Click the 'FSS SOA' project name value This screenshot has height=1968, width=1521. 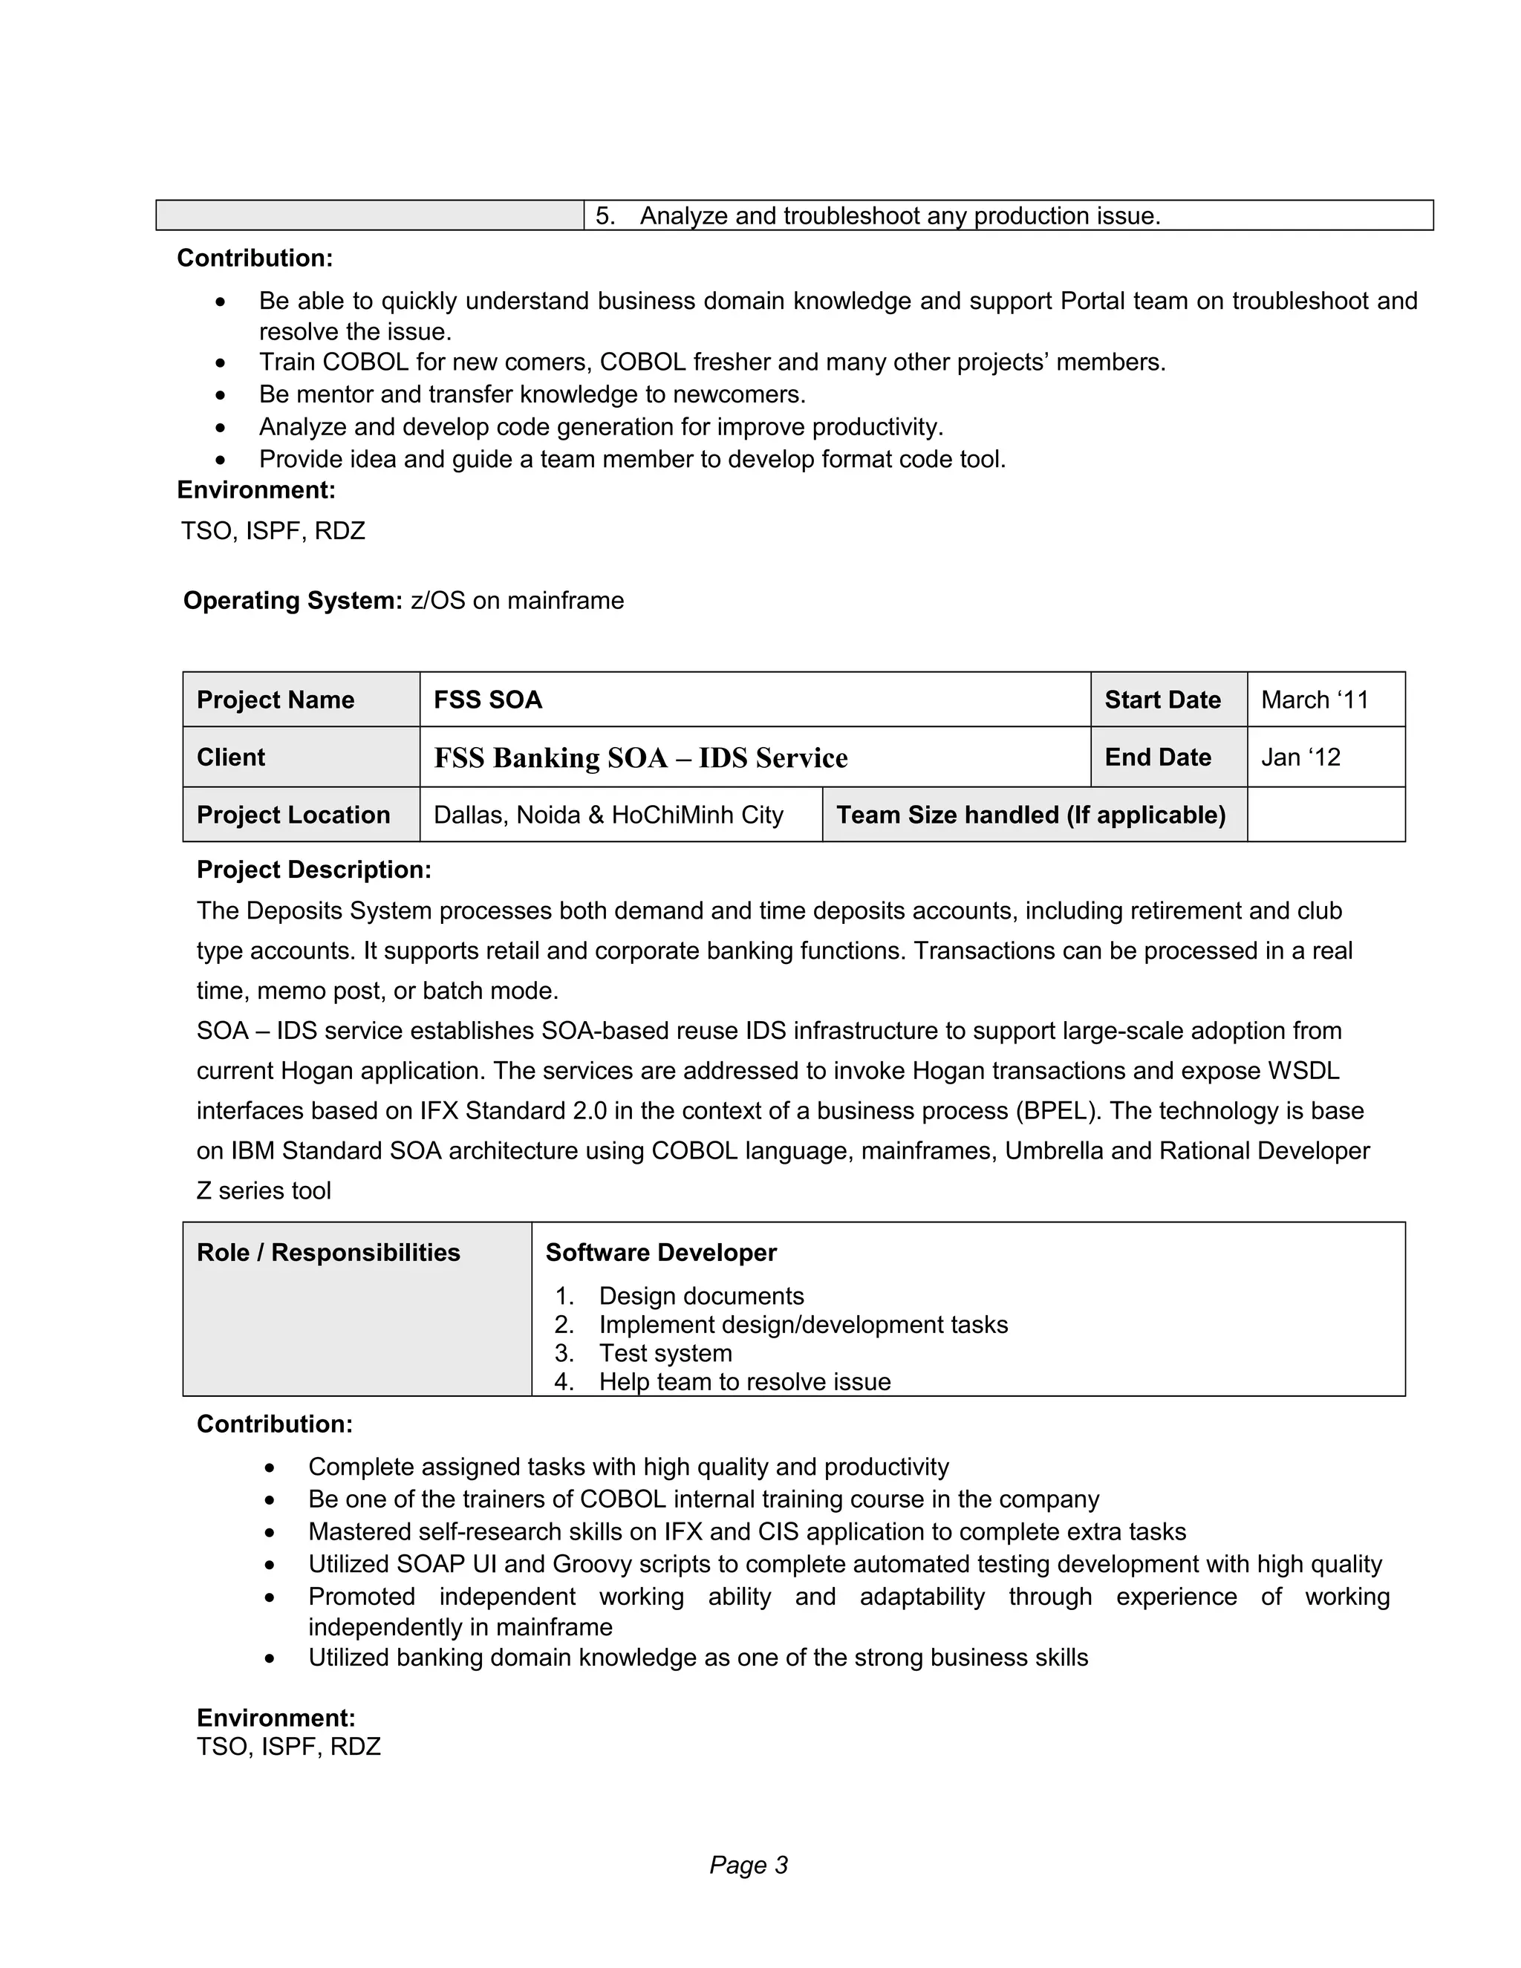point(487,700)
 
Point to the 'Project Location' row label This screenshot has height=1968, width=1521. point(293,815)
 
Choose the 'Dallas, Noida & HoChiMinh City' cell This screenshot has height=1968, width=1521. point(608,815)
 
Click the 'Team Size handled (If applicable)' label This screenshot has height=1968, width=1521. point(1031,815)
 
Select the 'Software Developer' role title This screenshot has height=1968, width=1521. point(660,1253)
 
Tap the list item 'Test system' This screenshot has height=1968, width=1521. point(665,1353)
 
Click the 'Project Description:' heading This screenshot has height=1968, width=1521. point(313,870)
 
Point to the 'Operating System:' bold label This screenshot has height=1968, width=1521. point(292,600)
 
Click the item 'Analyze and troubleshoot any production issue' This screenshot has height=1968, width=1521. point(899,216)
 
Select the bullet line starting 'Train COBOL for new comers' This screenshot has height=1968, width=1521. point(711,362)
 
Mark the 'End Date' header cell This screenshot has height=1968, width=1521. point(1157,757)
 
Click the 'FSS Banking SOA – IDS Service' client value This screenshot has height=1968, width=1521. point(639,757)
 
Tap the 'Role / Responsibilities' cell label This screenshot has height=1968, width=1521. point(328,1253)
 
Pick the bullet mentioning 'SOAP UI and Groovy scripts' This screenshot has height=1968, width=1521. point(844,1563)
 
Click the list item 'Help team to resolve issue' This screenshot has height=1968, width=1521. point(744,1382)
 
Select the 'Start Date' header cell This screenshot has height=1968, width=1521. point(1162,700)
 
